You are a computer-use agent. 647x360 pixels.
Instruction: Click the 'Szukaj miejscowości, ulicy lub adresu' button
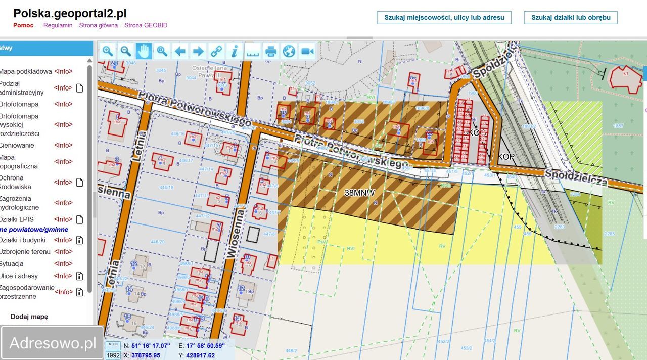[444, 17]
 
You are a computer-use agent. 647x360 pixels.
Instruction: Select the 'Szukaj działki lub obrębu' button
[571, 17]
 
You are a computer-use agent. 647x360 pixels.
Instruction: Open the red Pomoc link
[23, 25]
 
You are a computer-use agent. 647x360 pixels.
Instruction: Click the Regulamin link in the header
[58, 25]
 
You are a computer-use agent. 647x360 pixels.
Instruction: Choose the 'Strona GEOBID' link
[146, 25]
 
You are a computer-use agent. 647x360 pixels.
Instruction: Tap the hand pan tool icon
[144, 51]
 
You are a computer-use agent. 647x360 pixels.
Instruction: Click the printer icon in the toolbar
[271, 51]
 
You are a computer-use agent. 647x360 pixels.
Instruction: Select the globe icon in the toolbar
[289, 51]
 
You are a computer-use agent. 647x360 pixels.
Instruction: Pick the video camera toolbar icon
[307, 51]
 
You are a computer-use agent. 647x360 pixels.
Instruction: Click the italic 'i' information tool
[235, 51]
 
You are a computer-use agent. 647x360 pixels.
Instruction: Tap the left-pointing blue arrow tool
[180, 51]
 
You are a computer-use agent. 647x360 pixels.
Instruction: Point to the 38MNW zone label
[360, 193]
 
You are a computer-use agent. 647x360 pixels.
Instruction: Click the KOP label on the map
[506, 157]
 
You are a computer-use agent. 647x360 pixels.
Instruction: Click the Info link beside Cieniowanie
[63, 145]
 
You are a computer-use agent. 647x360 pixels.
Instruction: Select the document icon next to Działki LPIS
[79, 219]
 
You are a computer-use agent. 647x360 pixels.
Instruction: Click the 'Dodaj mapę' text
[29, 317]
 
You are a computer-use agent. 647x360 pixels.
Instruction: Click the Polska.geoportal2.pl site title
[70, 13]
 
